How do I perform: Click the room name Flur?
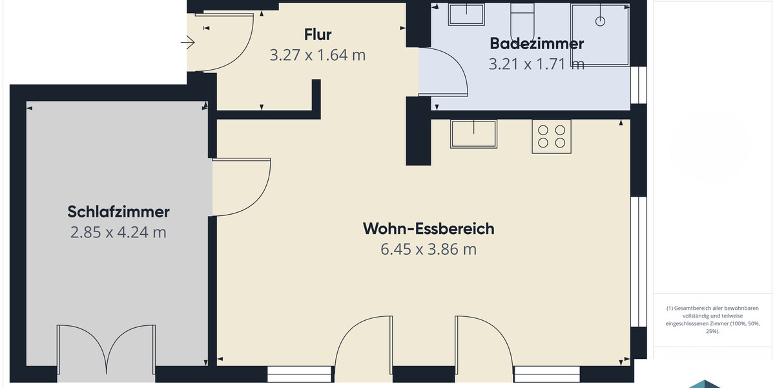(317, 34)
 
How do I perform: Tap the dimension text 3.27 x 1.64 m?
(317, 55)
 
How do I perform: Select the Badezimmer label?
(537, 43)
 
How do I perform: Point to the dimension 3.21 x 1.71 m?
(537, 64)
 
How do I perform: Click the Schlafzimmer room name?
(118, 211)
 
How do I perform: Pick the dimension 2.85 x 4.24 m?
(118, 232)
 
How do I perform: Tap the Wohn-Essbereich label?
(428, 228)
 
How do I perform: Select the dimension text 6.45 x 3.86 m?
(428, 249)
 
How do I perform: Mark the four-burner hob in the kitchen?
(552, 136)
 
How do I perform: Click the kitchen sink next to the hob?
(473, 133)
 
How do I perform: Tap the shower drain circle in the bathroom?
(600, 21)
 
